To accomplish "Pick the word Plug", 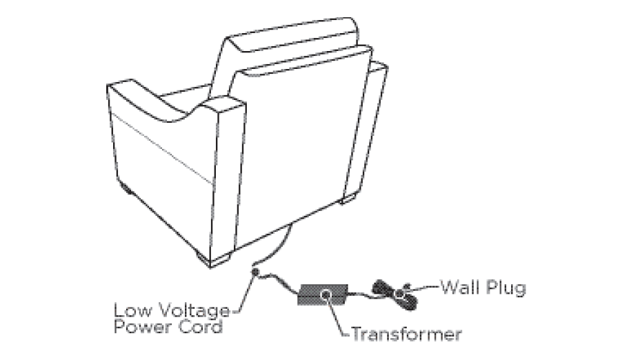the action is [506, 288].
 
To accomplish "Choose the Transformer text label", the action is [406, 334].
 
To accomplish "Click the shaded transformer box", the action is [323, 294].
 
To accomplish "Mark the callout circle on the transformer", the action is [326, 294].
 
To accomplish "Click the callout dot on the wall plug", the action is [401, 293].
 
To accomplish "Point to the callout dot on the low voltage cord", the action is [255, 272].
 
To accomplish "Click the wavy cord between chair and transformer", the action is [278, 281].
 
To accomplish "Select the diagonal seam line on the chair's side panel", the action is [161, 149].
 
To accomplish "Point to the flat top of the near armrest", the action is [226, 105].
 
